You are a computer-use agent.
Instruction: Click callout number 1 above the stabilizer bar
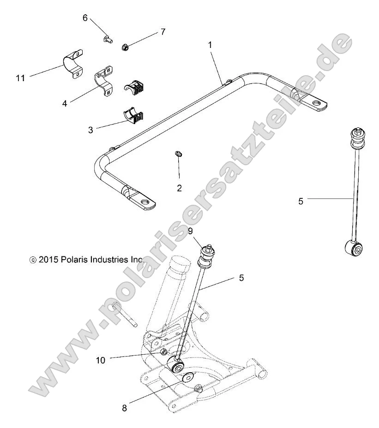tap(210, 45)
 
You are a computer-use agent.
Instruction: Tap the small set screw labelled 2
tap(180, 155)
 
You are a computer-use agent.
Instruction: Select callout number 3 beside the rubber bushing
tap(90, 130)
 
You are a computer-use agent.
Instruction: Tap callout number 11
tap(20, 78)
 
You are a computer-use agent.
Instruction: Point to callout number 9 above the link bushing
tap(190, 232)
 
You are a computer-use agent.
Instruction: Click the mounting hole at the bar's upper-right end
tap(316, 103)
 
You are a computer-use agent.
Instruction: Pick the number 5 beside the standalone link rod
tap(301, 201)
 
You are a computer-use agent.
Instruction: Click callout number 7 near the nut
tap(162, 32)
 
